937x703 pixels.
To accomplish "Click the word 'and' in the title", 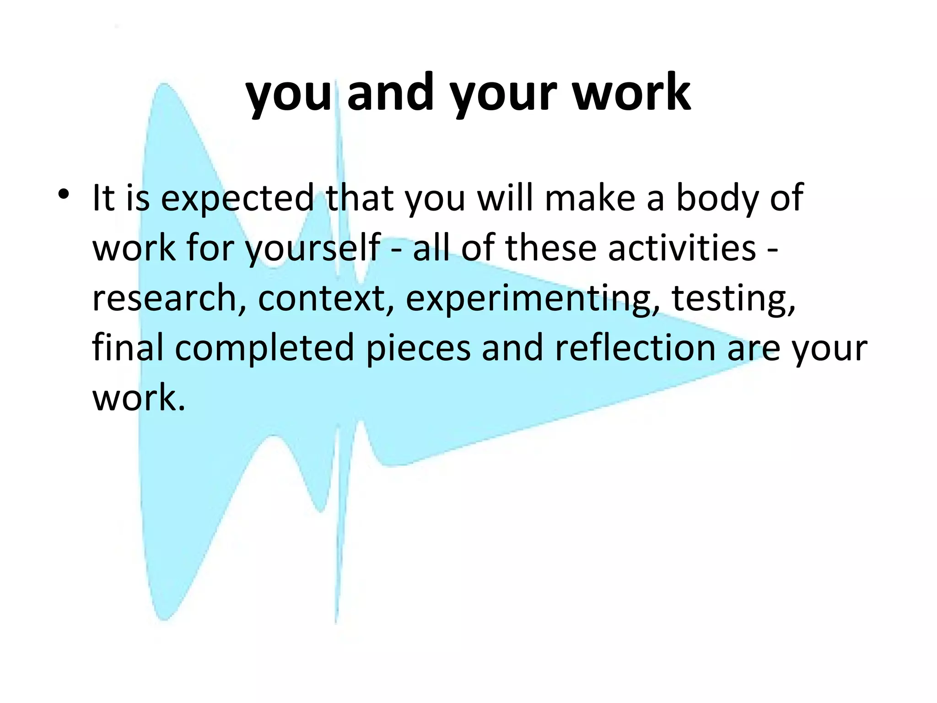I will click(x=390, y=94).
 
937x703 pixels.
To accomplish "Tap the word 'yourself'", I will click(x=313, y=249).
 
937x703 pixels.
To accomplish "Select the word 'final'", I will click(x=128, y=347).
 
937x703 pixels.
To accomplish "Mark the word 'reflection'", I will click(x=635, y=347).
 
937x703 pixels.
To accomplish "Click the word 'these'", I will click(x=551, y=248).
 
